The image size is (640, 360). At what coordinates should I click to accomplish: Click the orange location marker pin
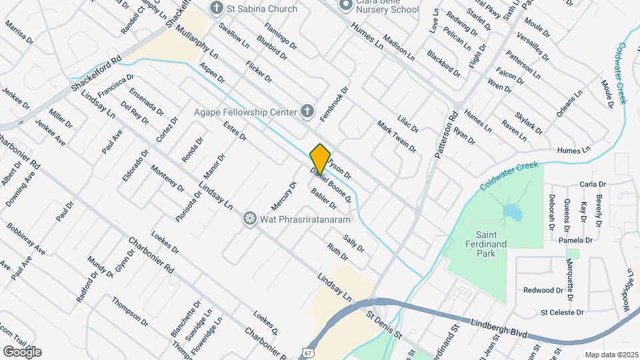pos(320,158)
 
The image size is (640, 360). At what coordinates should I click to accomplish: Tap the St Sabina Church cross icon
pos(215,8)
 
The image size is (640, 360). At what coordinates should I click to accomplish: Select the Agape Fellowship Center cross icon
pos(307,111)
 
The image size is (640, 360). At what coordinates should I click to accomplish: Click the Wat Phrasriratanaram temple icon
pos(250,218)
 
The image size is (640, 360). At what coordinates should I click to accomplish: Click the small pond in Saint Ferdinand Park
pos(512,212)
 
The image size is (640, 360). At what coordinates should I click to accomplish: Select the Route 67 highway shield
pos(307,351)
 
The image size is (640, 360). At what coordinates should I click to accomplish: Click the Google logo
pos(21,351)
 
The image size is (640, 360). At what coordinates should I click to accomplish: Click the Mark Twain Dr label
pos(397,136)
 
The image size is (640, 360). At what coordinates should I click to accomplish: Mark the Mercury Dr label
pos(283,194)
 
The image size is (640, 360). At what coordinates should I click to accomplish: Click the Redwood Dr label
pos(543,290)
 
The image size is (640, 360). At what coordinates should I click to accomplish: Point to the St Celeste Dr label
pos(562,312)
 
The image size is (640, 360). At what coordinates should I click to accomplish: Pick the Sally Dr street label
pos(354,243)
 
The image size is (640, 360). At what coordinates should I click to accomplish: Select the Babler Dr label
pos(323,197)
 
